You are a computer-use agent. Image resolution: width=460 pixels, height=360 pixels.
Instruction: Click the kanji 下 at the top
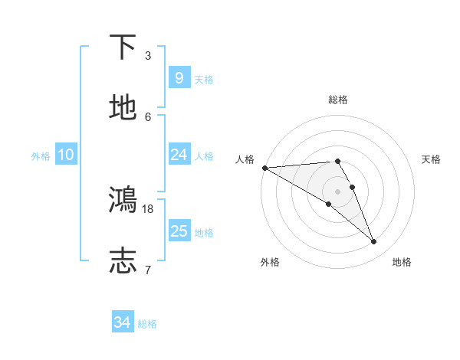click(123, 47)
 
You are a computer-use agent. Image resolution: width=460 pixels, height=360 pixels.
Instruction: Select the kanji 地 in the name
click(123, 108)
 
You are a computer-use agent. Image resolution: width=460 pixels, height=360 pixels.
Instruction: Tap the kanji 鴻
click(123, 199)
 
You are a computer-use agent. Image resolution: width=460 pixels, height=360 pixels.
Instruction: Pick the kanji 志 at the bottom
click(123, 260)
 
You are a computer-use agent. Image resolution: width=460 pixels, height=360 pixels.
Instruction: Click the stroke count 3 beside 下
click(148, 56)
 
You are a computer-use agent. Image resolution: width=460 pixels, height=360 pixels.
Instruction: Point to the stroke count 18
click(148, 208)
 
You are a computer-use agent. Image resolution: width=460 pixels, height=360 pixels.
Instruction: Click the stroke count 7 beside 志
click(148, 269)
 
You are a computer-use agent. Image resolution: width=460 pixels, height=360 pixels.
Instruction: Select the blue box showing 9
click(179, 78)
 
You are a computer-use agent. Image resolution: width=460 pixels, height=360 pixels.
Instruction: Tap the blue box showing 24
click(179, 155)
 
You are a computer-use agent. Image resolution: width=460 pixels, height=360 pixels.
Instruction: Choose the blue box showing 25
click(179, 231)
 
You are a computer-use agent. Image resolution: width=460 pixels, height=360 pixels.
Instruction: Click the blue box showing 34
click(122, 322)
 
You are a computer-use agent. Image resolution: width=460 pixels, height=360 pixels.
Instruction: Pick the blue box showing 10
click(65, 155)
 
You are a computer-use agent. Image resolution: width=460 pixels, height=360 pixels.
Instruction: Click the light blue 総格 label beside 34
click(147, 324)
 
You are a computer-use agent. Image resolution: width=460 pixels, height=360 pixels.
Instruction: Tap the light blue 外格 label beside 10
click(41, 156)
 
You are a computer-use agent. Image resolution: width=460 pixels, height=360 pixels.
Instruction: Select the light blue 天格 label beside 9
click(204, 80)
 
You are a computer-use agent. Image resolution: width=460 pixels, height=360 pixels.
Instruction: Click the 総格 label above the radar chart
click(338, 100)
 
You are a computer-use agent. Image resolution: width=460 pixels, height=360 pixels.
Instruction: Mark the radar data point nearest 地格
click(374, 242)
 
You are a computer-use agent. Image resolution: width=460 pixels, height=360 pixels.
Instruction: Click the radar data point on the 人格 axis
click(264, 168)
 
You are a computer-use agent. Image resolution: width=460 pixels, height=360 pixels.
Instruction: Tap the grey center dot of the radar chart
click(337, 191)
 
